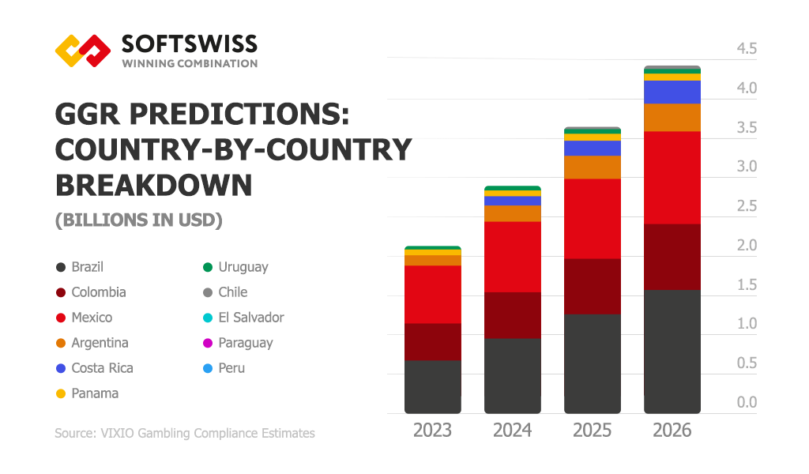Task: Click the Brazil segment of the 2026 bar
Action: click(x=672, y=351)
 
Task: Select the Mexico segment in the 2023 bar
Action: click(x=432, y=294)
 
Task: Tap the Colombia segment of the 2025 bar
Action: click(x=592, y=286)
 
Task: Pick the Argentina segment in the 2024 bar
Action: click(x=512, y=213)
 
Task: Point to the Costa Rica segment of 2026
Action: click(x=672, y=92)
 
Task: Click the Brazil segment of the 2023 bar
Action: click(x=432, y=386)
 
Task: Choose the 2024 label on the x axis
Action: click(x=513, y=431)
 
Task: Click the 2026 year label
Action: click(x=672, y=431)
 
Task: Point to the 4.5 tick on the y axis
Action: click(x=747, y=49)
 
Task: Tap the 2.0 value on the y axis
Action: click(x=747, y=246)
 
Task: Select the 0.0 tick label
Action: click(x=747, y=402)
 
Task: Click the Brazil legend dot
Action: click(x=60, y=267)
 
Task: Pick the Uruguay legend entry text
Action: click(x=243, y=267)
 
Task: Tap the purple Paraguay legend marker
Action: click(x=207, y=343)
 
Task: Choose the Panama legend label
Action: click(x=95, y=393)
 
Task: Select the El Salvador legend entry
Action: click(x=251, y=318)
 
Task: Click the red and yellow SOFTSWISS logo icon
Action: click(x=82, y=51)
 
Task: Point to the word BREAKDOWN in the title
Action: click(x=153, y=185)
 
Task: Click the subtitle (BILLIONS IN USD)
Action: click(x=138, y=220)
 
